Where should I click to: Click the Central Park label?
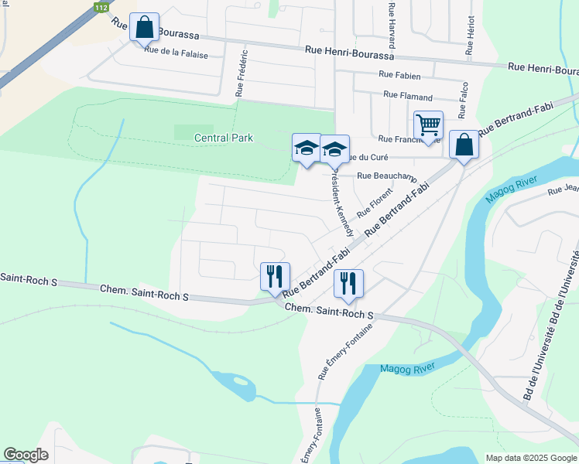click(224, 138)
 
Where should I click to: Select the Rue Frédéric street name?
click(242, 73)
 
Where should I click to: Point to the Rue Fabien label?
click(399, 76)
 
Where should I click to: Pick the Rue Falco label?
click(465, 100)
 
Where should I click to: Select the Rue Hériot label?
click(470, 36)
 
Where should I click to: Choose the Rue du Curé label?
click(364, 157)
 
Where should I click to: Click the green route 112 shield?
click(100, 8)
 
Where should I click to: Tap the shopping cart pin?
click(427, 125)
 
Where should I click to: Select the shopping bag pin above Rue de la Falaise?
click(144, 28)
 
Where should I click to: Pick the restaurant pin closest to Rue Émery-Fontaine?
click(348, 283)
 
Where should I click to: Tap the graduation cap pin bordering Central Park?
click(306, 148)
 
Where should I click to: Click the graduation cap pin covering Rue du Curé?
click(334, 149)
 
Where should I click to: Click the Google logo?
click(26, 455)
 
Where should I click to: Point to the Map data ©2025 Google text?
click(529, 458)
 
